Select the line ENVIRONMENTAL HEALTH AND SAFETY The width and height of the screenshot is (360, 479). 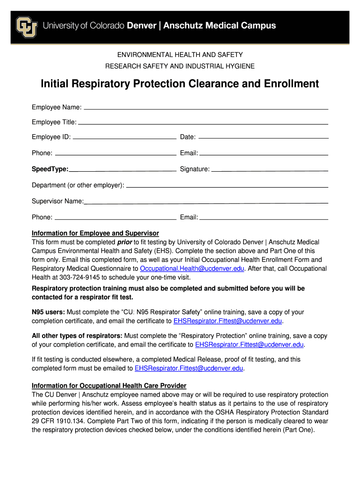(180, 55)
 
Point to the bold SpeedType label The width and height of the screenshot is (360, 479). (50, 169)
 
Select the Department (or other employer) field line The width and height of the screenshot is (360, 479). (227, 186)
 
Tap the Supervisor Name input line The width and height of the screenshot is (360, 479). (206, 202)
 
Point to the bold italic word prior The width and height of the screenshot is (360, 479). (124, 242)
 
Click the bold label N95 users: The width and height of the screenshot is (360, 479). (49, 312)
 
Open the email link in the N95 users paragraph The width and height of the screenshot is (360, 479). (228, 321)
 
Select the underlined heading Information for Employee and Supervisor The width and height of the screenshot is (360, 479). (95, 233)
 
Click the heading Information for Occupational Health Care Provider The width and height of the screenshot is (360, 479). (109, 386)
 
